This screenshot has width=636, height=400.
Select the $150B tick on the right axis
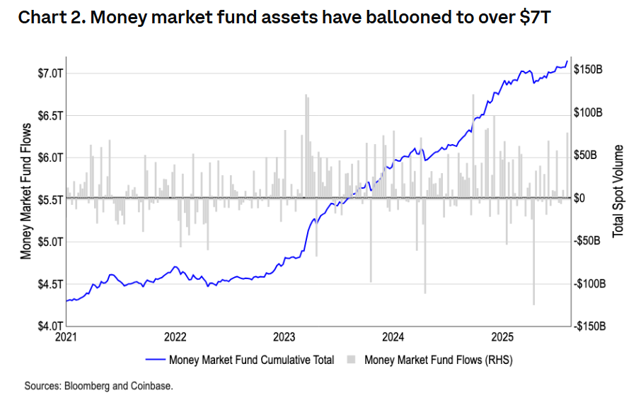coord(589,69)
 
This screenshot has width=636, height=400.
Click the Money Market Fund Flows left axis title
coord(26,192)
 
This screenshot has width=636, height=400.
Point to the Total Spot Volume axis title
coord(618,191)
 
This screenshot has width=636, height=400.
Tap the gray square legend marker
coord(352,360)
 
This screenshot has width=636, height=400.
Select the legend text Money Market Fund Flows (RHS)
coord(438,360)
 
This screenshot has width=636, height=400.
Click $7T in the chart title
coord(534,17)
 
